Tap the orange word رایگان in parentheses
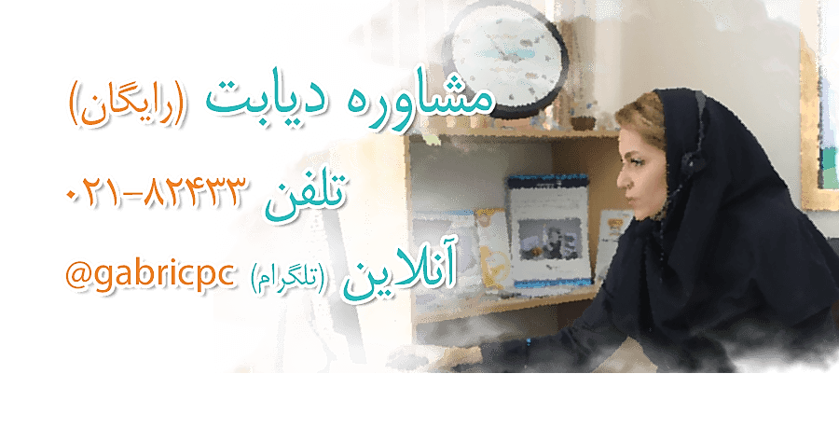click(127, 104)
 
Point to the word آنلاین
click(399, 277)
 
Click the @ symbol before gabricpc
click(78, 275)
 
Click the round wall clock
click(507, 59)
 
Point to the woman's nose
click(622, 178)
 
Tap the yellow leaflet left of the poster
click(492, 247)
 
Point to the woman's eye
click(636, 159)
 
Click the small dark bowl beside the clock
click(583, 121)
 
